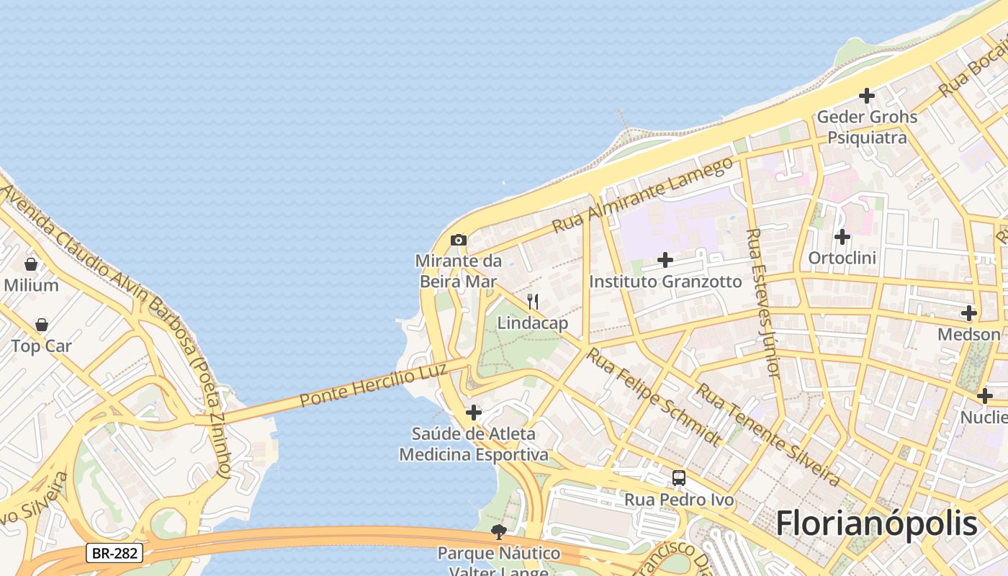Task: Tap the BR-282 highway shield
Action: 114,553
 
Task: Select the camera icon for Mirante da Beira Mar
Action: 459,240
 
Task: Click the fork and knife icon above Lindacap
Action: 533,301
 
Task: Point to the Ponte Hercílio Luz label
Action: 373,384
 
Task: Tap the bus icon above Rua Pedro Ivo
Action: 678,477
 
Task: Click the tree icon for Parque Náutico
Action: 498,532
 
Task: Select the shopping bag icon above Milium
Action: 31,264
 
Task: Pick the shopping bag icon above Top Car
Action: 42,325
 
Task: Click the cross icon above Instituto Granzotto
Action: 665,259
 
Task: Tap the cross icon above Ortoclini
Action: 842,236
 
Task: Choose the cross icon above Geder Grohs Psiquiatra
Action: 867,95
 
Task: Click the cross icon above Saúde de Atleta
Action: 474,413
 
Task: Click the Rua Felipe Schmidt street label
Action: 653,396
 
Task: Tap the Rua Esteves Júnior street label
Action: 763,302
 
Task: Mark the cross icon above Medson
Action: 969,313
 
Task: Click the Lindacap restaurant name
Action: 533,323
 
